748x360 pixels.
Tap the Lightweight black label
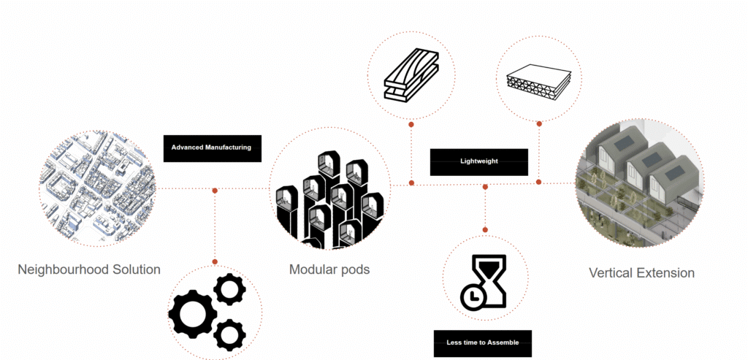(479, 162)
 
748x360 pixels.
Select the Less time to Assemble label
(483, 343)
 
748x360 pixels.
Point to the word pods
(354, 269)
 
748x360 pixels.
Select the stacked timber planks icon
(411, 78)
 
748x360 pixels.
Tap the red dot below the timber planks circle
(411, 124)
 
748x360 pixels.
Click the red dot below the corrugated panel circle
(539, 124)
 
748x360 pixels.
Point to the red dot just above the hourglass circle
(485, 230)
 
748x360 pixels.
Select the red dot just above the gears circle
(215, 261)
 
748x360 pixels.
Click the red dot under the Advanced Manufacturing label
(215, 191)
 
